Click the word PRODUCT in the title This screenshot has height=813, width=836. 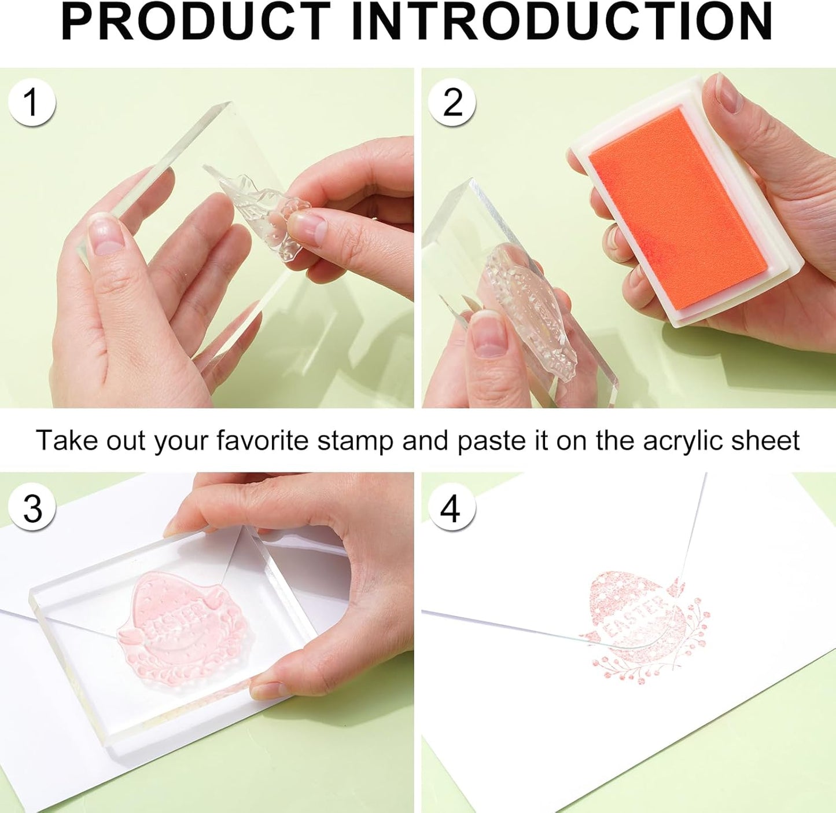pyautogui.click(x=197, y=22)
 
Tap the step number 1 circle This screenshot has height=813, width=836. pyautogui.click(x=32, y=103)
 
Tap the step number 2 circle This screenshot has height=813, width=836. pyautogui.click(x=452, y=103)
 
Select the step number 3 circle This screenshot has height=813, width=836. pyautogui.click(x=33, y=508)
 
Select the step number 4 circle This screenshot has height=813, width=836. pyautogui.click(x=450, y=509)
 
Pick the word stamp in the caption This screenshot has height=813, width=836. pyautogui.click(x=356, y=441)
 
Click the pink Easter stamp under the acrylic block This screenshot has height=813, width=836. pyautogui.click(x=182, y=625)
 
